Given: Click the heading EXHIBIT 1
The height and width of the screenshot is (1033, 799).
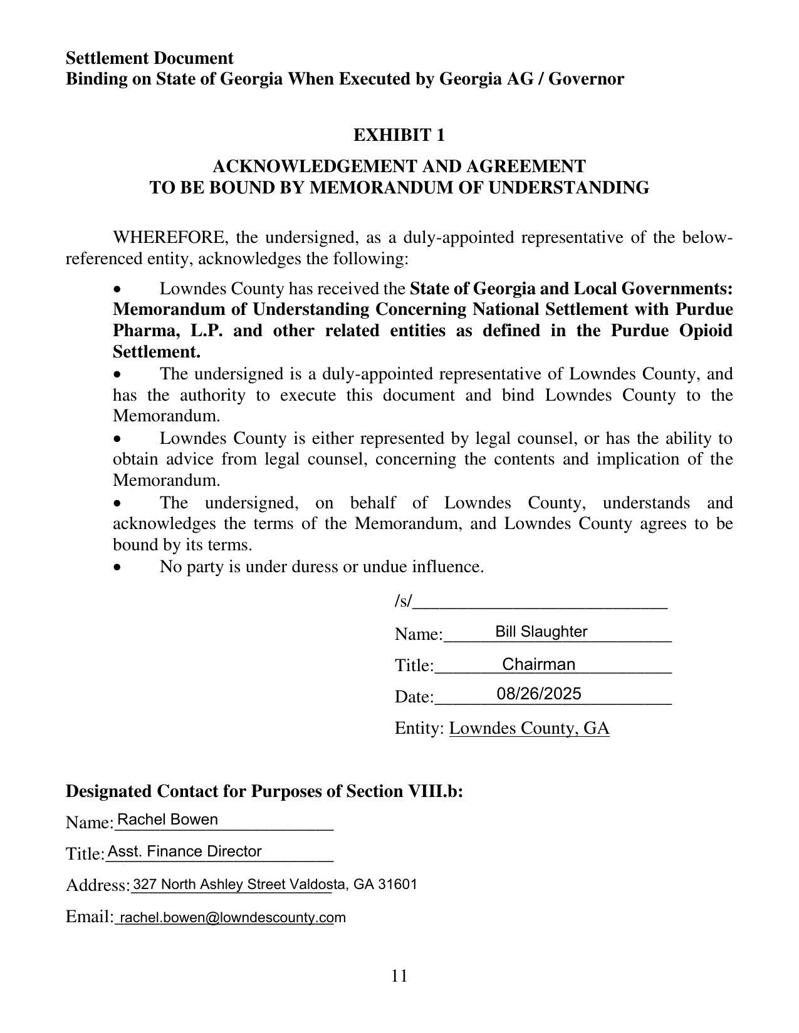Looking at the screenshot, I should point(399,135).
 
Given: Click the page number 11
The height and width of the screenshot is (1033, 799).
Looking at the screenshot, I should point(399,976).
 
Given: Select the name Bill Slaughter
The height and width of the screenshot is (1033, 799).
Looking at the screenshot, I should point(541,632).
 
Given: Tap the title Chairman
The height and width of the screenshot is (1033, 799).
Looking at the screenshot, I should point(538,664).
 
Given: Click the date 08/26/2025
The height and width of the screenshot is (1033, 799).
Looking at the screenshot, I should point(538,694).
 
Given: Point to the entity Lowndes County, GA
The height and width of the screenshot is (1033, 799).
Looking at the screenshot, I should point(529,728).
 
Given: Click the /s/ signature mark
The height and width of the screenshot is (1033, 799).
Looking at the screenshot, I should point(403,602).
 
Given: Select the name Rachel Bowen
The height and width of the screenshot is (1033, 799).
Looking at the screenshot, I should point(167,820).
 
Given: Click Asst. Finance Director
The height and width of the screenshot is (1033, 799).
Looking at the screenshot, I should point(184,851).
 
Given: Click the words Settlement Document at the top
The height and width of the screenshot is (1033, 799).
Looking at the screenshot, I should point(150,58).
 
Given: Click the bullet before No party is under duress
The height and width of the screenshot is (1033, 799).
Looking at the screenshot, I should point(118,567).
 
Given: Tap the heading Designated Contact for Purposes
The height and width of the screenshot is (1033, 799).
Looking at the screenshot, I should point(264,791).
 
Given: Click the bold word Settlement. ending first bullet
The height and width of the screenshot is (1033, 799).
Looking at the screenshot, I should point(156,352).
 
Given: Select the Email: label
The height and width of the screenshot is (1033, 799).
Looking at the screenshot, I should point(89,917).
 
